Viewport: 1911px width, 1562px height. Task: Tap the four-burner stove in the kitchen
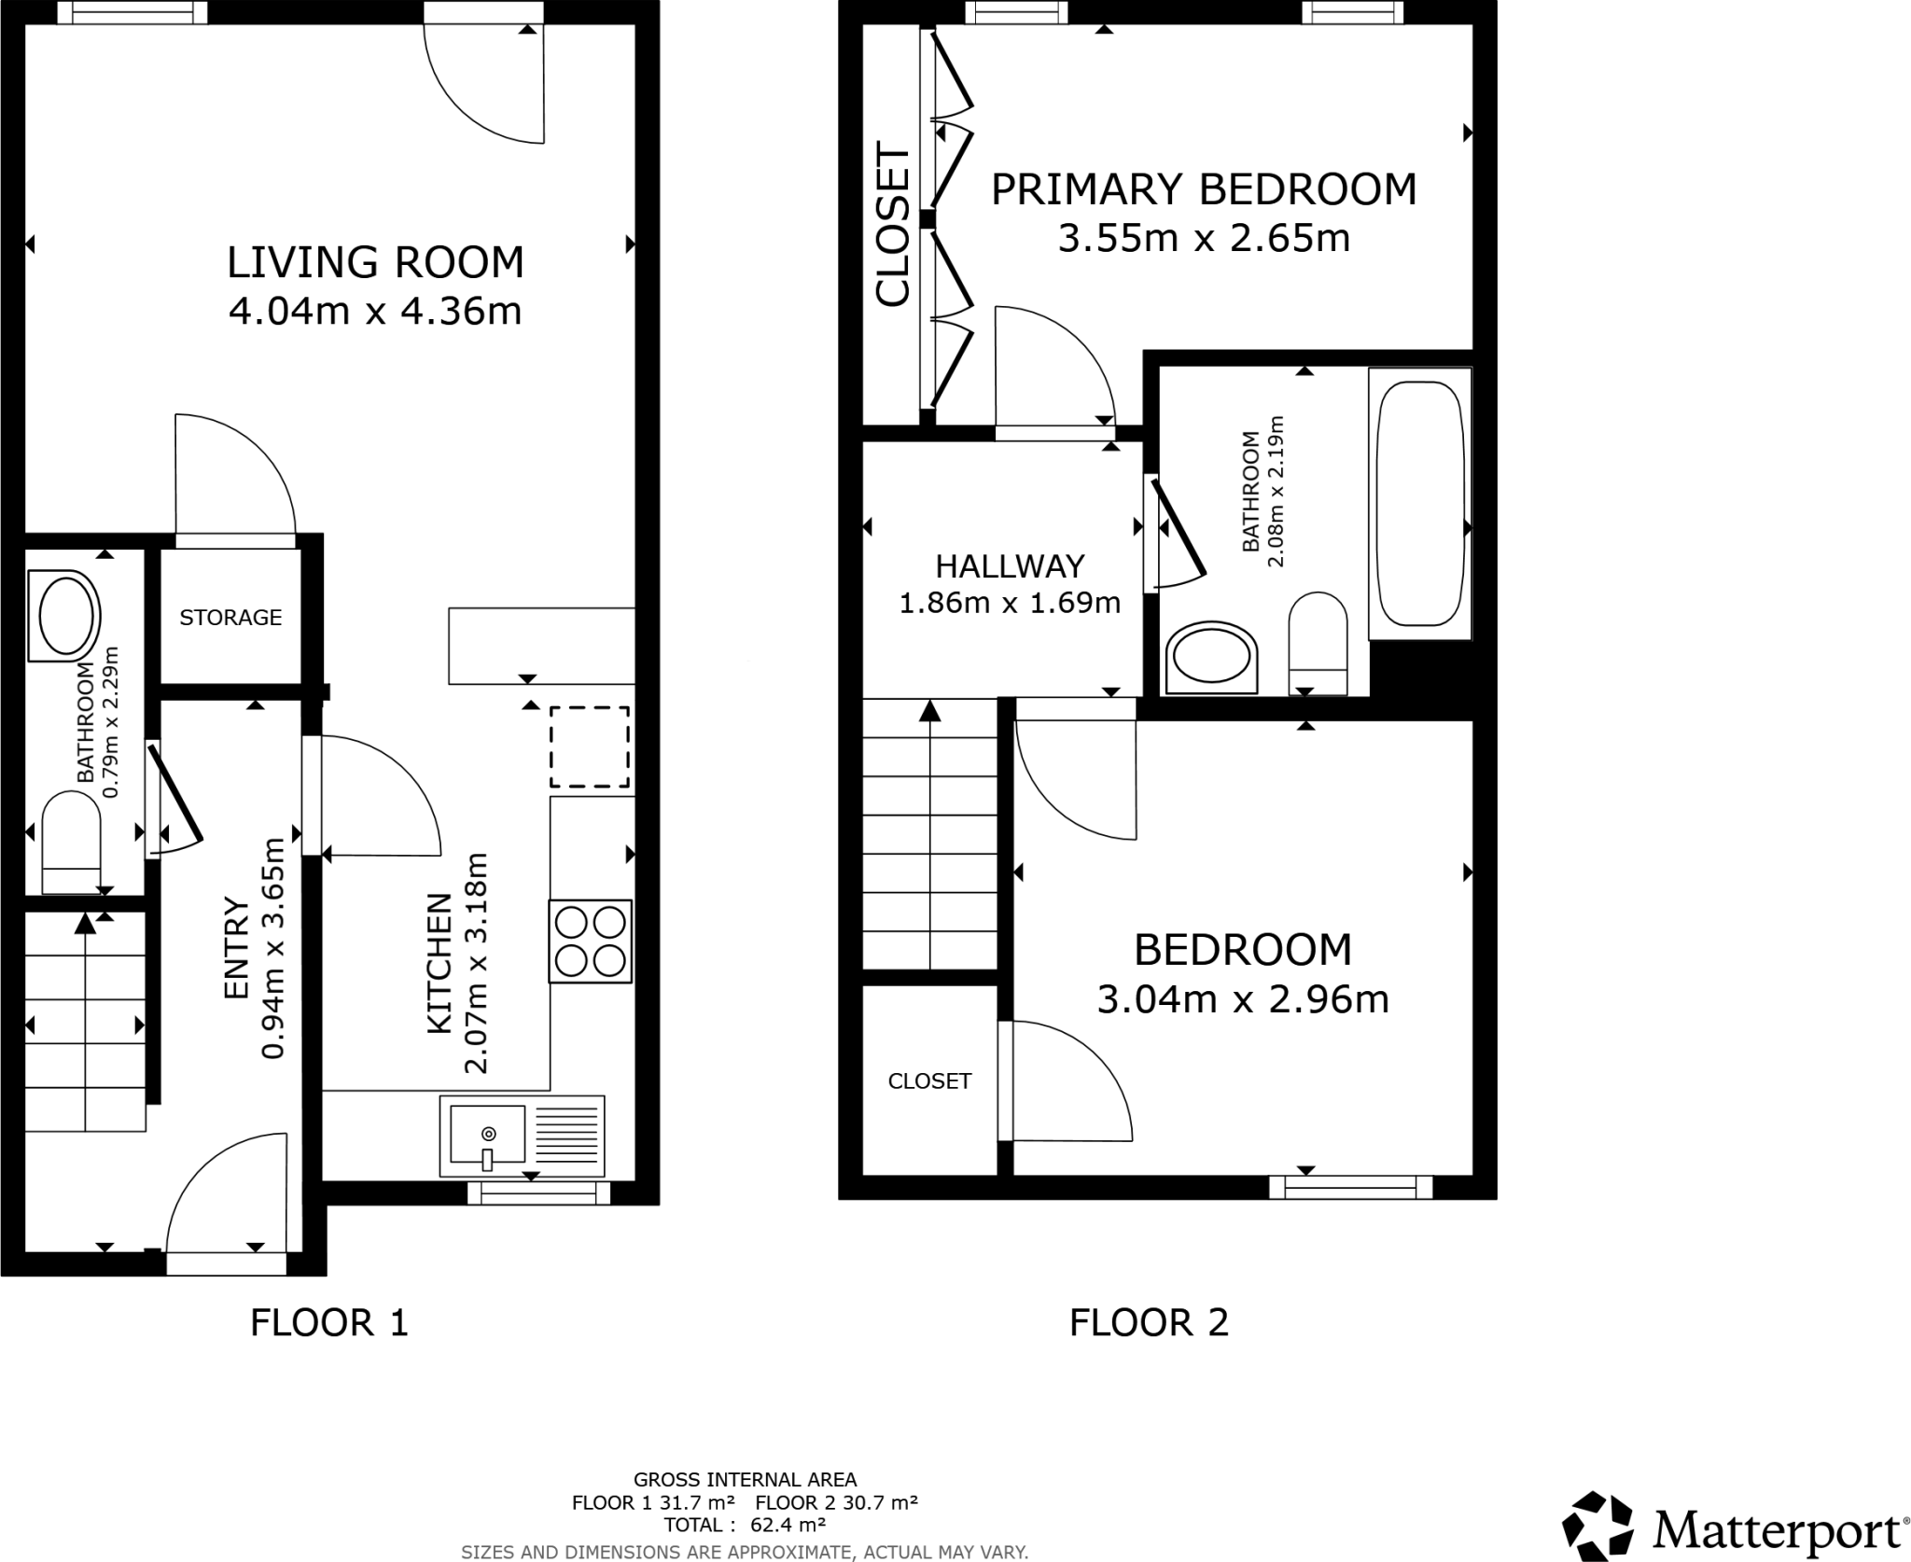(590, 941)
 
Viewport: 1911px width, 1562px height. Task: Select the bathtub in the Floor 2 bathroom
(1419, 504)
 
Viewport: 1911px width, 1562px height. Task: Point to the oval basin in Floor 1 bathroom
(64, 616)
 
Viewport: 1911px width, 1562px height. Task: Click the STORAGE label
(230, 618)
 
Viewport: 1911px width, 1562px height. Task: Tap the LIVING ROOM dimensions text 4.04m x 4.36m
(375, 311)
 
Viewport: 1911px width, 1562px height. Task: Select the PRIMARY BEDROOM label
(1203, 189)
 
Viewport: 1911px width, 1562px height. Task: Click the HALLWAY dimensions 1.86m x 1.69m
(1009, 604)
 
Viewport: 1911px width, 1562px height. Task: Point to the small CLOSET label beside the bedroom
(929, 1081)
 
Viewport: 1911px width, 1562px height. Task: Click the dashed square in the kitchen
(590, 747)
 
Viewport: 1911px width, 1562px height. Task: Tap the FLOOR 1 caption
(329, 1323)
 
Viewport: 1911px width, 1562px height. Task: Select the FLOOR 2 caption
(1149, 1323)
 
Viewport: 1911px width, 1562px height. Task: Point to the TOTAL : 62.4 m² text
(745, 1525)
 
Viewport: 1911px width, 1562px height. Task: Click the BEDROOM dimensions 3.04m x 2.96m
(1242, 999)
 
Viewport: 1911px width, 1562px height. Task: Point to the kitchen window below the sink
(538, 1192)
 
